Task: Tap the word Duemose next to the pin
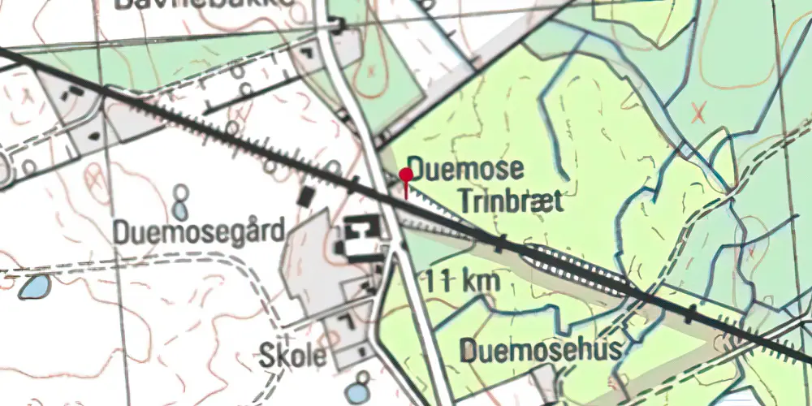[465, 171]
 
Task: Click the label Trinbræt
[510, 201]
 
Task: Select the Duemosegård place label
[200, 232]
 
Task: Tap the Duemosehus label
[542, 351]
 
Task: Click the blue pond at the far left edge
[33, 286]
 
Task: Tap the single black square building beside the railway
[306, 197]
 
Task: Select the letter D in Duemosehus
[469, 351]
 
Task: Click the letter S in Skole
[267, 355]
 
